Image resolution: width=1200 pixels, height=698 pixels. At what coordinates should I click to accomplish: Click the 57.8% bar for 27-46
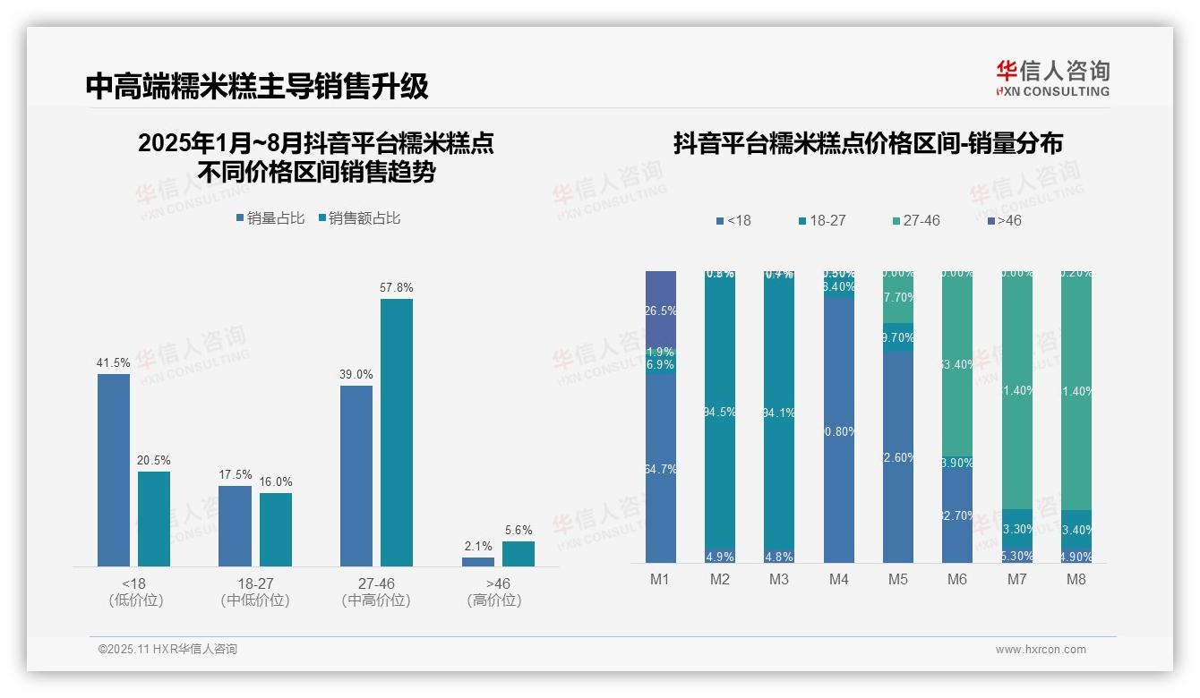point(397,432)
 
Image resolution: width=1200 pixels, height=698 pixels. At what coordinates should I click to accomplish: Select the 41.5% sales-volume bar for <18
point(114,470)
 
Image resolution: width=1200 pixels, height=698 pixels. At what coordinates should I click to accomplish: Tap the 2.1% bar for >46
point(478,562)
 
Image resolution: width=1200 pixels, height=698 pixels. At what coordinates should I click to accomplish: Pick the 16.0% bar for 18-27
point(276,529)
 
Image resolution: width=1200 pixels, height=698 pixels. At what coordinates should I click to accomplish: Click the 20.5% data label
point(153,460)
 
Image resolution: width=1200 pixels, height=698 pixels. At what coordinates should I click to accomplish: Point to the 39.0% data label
point(356,374)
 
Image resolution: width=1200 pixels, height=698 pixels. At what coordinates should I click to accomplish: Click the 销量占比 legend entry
point(270,218)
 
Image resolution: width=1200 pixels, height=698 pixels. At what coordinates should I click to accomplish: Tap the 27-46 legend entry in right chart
point(916,220)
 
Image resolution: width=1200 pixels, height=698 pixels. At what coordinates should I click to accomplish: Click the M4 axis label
point(838,579)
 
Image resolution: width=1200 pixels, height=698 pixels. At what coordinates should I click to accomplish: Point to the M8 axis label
point(1076,579)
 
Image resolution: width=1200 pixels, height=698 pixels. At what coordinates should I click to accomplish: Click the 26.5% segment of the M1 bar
point(661,310)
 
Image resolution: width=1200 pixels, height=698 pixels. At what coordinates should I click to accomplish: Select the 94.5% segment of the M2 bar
point(720,412)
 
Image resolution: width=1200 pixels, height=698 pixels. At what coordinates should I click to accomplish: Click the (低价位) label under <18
point(135,600)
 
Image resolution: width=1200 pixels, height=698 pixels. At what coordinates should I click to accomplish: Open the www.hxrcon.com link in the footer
point(1041,650)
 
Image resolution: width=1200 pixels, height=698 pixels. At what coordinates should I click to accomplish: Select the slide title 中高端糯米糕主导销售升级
point(257,86)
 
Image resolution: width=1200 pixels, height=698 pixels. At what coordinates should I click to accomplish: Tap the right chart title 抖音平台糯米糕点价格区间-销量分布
point(868,143)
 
